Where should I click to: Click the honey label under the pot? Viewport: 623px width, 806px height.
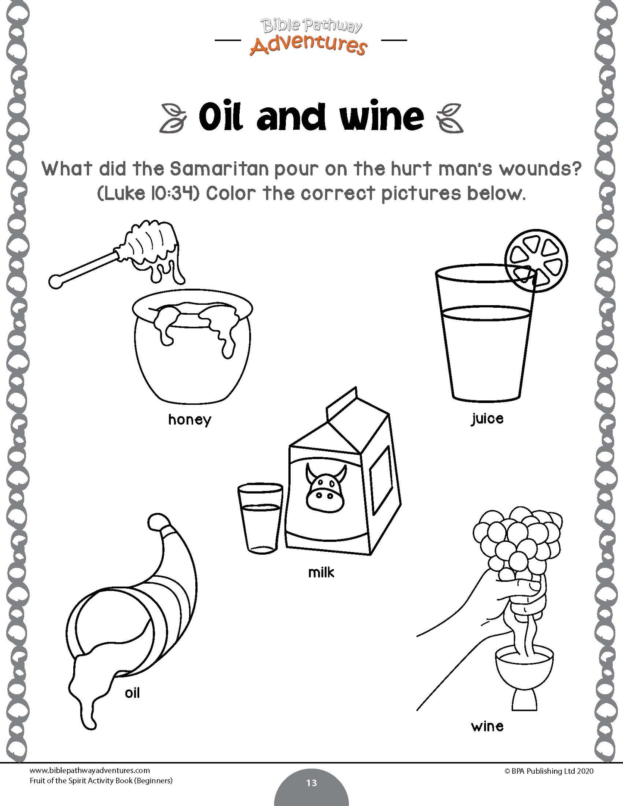click(x=190, y=419)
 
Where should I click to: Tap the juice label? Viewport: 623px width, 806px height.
click(x=487, y=418)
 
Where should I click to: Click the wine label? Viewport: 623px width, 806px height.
click(x=487, y=726)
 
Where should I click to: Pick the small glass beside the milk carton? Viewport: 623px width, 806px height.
click(x=260, y=518)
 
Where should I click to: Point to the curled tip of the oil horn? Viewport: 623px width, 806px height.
click(x=158, y=523)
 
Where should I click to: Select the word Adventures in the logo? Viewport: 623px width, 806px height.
click(x=309, y=44)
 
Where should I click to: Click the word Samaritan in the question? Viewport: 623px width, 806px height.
click(x=219, y=169)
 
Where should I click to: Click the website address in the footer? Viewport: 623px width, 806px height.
click(x=90, y=771)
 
